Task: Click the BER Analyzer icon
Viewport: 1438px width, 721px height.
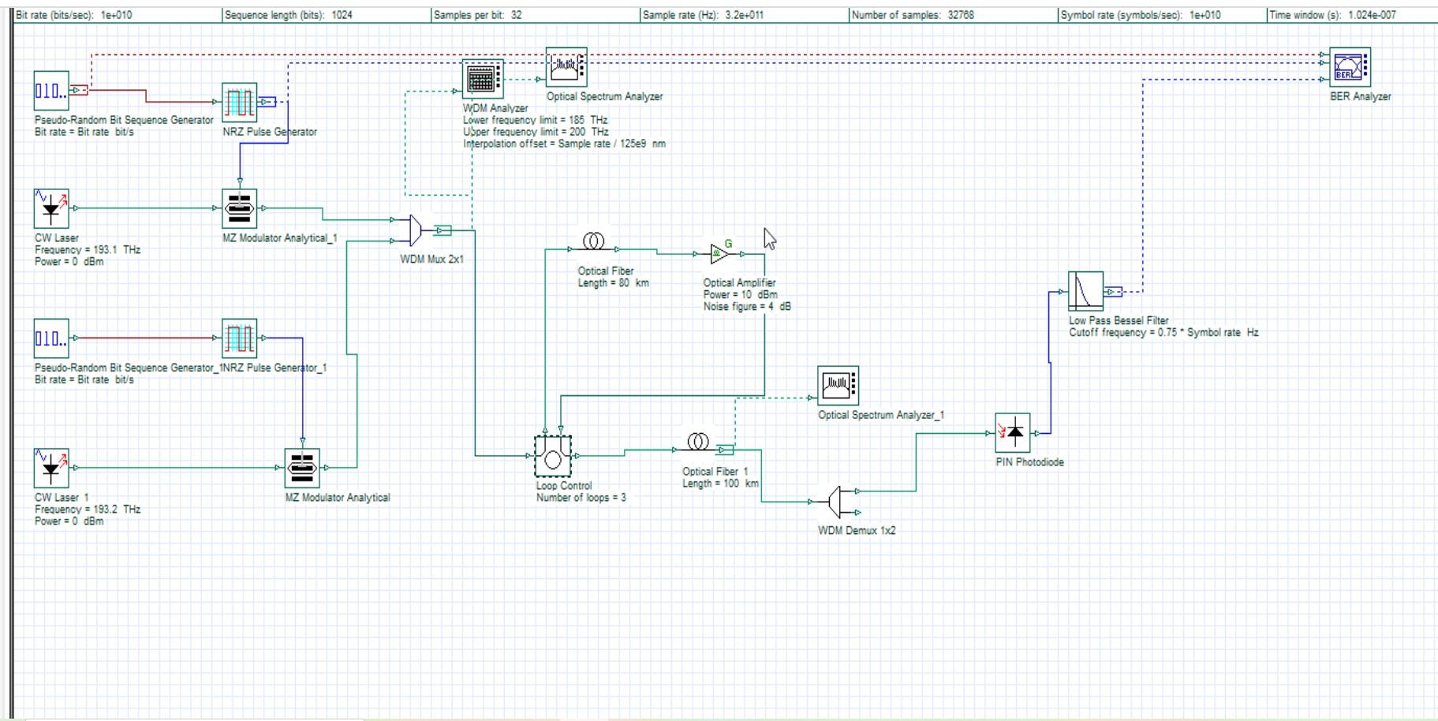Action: coord(1349,67)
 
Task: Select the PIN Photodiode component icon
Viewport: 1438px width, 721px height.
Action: coord(1012,432)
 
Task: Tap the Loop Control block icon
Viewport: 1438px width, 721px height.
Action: coord(552,456)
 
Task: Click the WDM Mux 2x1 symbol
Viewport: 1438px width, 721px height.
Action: coord(416,230)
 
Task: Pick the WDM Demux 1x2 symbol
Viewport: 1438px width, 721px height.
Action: coord(837,502)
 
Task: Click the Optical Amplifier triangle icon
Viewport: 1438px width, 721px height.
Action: coord(719,254)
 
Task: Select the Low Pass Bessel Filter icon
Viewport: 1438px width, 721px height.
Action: coord(1085,291)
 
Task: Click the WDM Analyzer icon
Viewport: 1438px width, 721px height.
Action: coord(482,79)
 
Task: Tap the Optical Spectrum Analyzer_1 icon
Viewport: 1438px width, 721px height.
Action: coord(837,386)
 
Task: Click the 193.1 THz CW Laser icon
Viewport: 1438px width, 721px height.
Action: coord(51,208)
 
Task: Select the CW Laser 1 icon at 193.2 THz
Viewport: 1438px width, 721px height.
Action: coord(51,468)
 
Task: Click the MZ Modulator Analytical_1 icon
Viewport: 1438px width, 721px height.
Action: coord(239,208)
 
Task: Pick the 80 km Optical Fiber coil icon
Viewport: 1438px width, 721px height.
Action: coord(593,241)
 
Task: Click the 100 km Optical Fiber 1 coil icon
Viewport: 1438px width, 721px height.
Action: coord(697,442)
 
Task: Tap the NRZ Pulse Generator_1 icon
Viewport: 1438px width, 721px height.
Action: coord(239,338)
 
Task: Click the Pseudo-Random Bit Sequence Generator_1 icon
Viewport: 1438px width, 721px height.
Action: coord(51,338)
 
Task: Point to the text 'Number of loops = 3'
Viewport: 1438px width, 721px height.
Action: coord(581,498)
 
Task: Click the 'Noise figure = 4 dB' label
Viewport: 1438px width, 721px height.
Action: coord(746,307)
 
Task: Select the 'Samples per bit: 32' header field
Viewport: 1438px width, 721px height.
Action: coord(477,15)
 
